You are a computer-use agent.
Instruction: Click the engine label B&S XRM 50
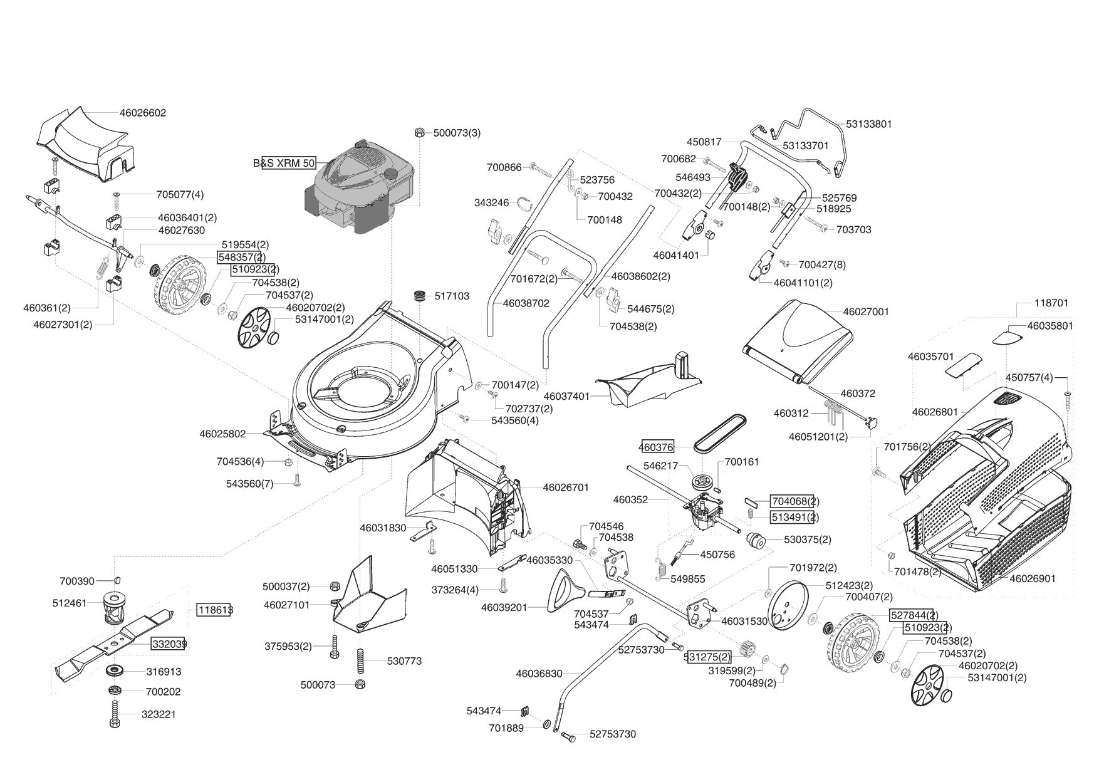(x=284, y=163)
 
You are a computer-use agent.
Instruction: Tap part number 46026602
(x=143, y=113)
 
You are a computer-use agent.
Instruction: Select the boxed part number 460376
(x=657, y=447)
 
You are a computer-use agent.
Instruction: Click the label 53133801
(x=869, y=124)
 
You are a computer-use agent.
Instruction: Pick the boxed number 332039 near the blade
(x=168, y=644)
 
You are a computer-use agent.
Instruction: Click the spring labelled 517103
(x=419, y=295)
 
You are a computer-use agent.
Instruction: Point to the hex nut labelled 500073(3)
(x=420, y=132)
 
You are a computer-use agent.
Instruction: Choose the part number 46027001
(x=866, y=311)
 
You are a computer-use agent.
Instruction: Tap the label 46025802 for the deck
(x=222, y=434)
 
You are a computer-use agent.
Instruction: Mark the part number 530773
(x=404, y=661)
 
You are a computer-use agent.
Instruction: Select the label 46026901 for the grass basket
(x=1033, y=578)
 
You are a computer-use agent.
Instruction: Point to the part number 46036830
(x=539, y=674)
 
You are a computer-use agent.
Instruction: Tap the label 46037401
(x=567, y=396)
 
